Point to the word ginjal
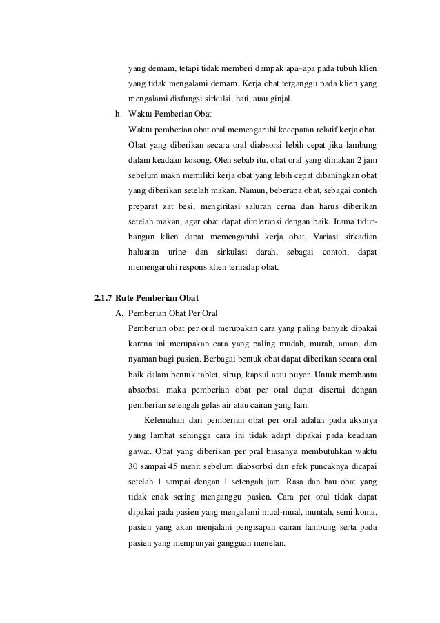pos(279,99)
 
